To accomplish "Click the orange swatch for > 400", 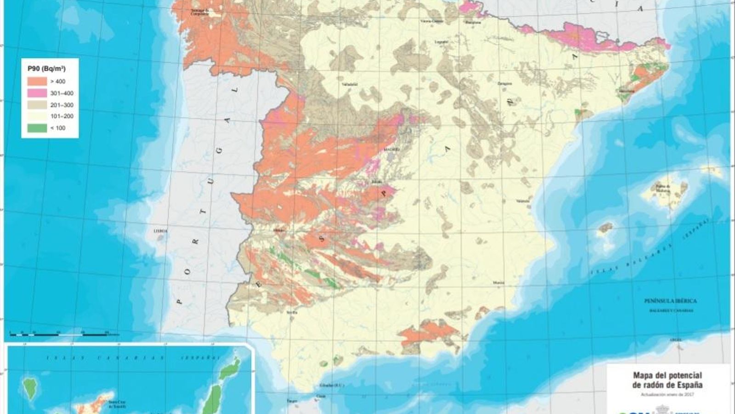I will [37, 81].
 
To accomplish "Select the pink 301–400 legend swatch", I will [37, 93].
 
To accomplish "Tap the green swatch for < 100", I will [37, 128].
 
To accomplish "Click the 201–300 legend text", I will [62, 105].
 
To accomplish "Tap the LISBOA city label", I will [160, 231].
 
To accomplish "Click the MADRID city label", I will [392, 149].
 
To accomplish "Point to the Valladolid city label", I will [350, 84].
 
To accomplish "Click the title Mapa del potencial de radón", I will [667, 380].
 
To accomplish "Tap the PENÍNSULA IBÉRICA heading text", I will [670, 301].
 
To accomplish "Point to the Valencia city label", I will [523, 201].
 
